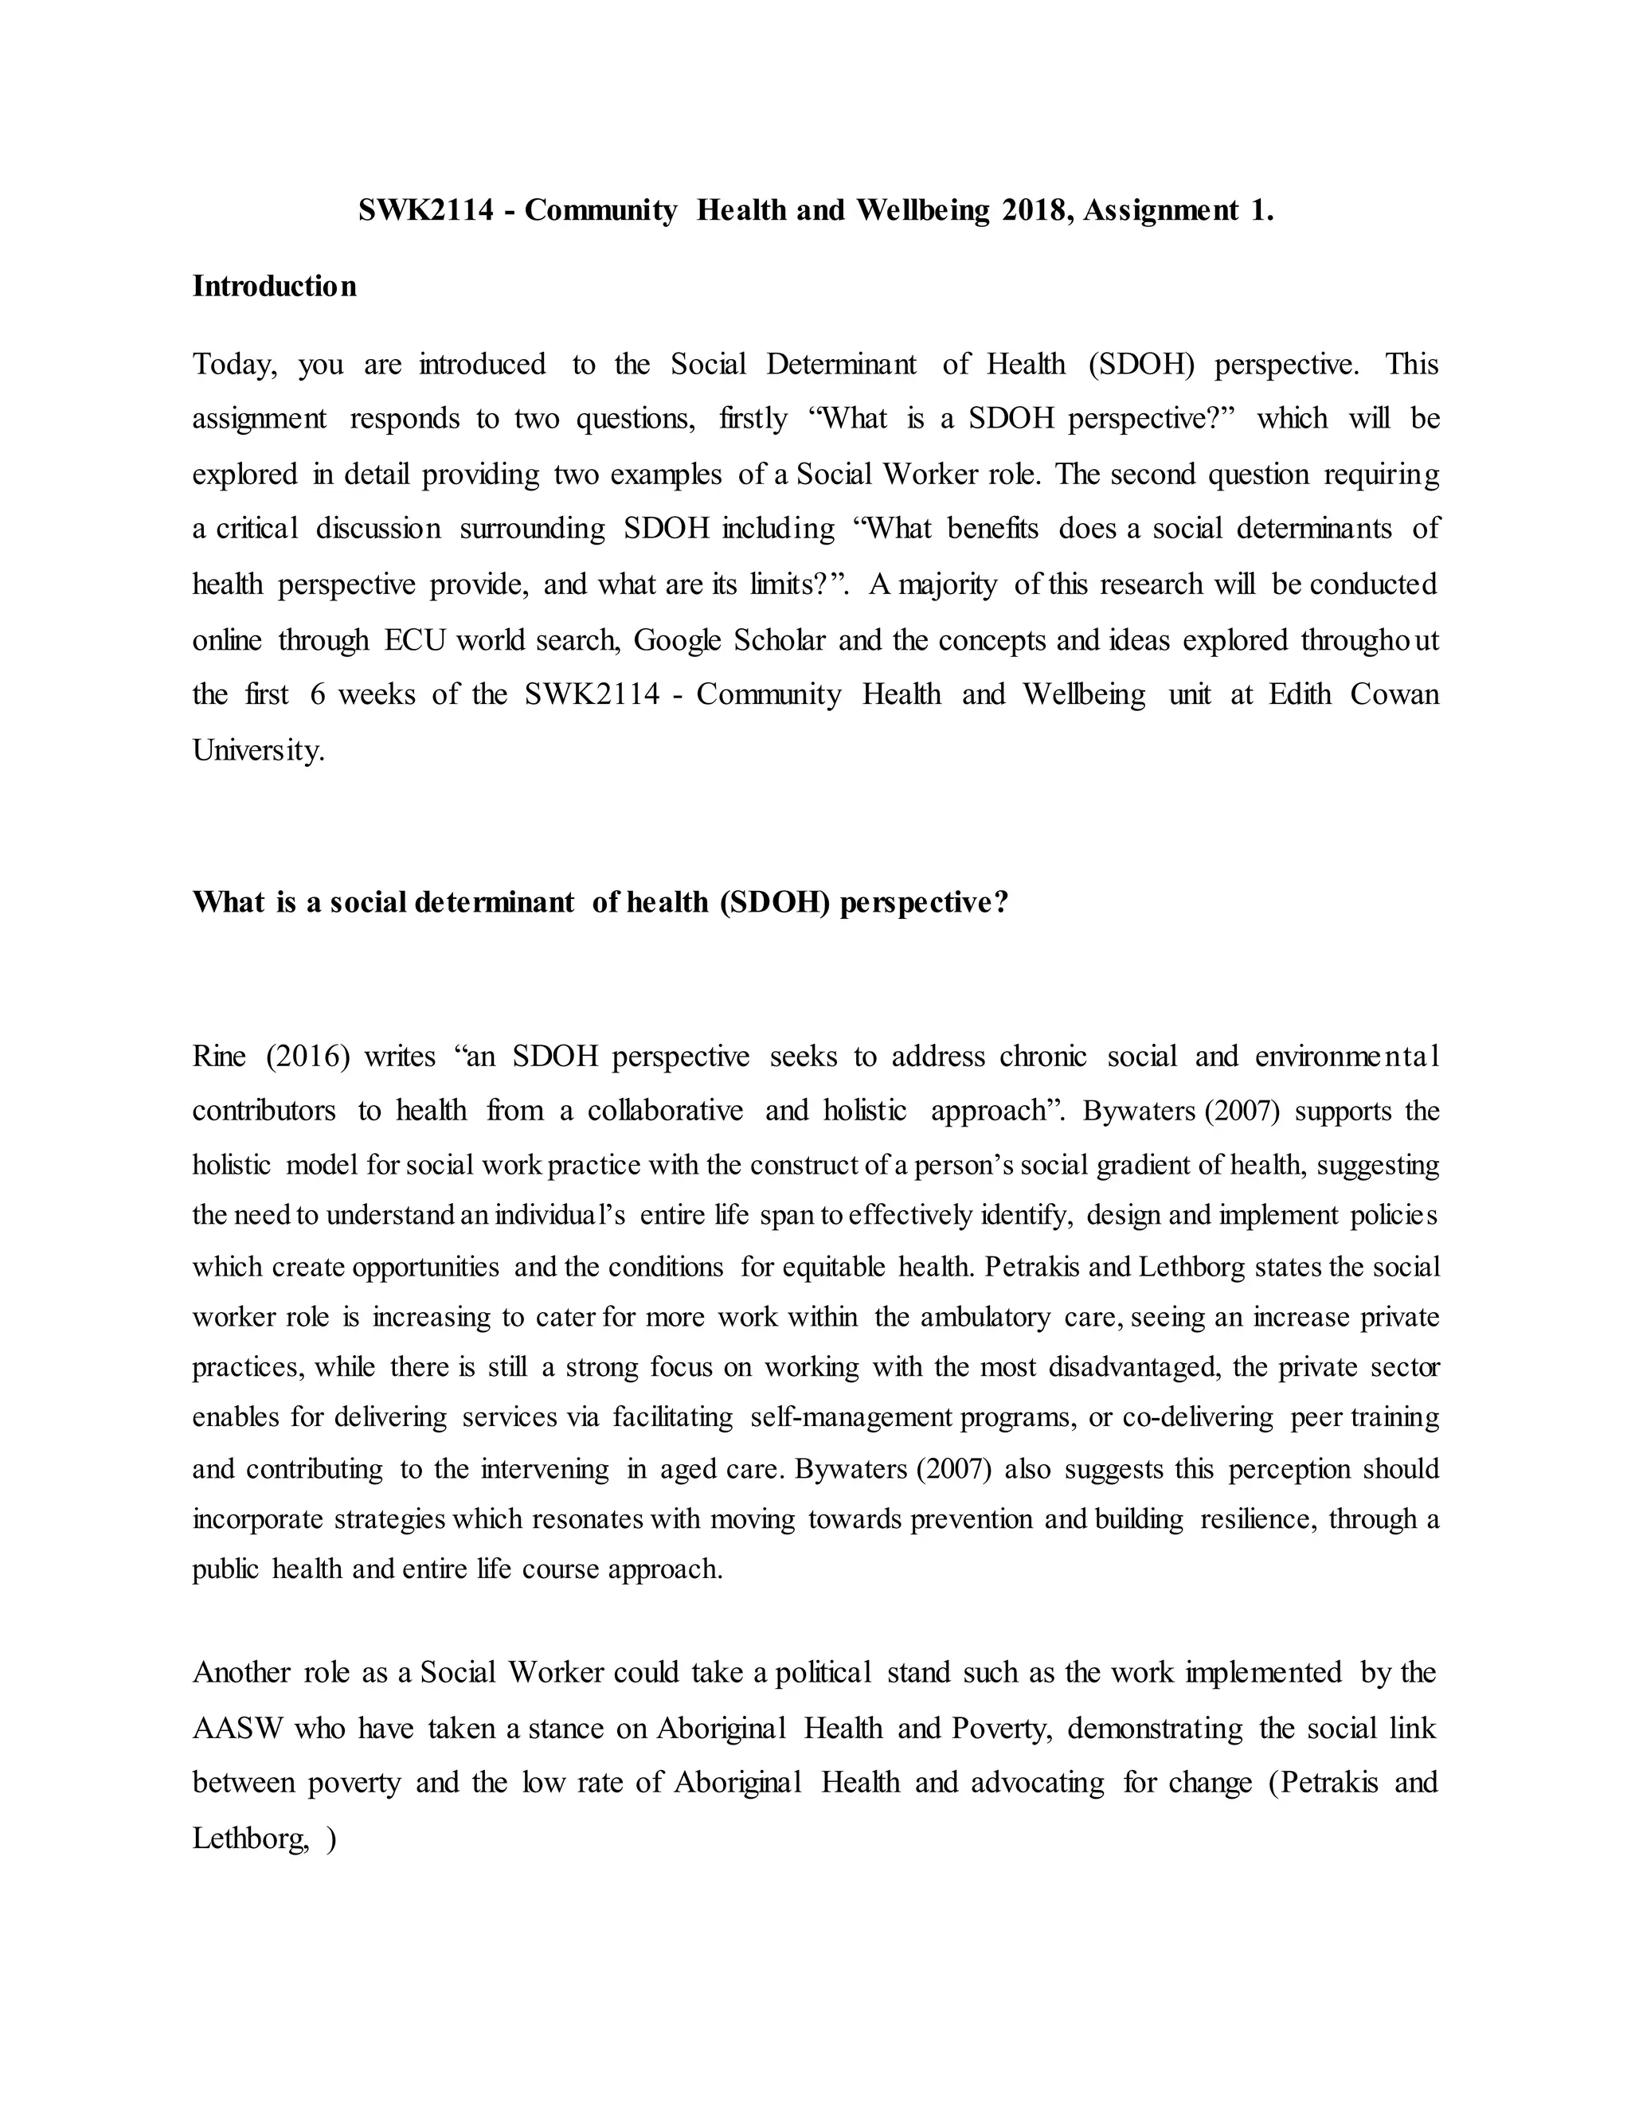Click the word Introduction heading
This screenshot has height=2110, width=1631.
tap(275, 287)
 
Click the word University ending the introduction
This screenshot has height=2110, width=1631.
tap(258, 751)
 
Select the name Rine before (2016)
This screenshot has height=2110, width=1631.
tap(219, 1057)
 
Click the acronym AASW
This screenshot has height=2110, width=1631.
tap(237, 1729)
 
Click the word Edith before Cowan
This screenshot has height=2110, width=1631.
tap(1301, 694)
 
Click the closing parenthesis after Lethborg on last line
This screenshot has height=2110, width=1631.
tap(331, 1838)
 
